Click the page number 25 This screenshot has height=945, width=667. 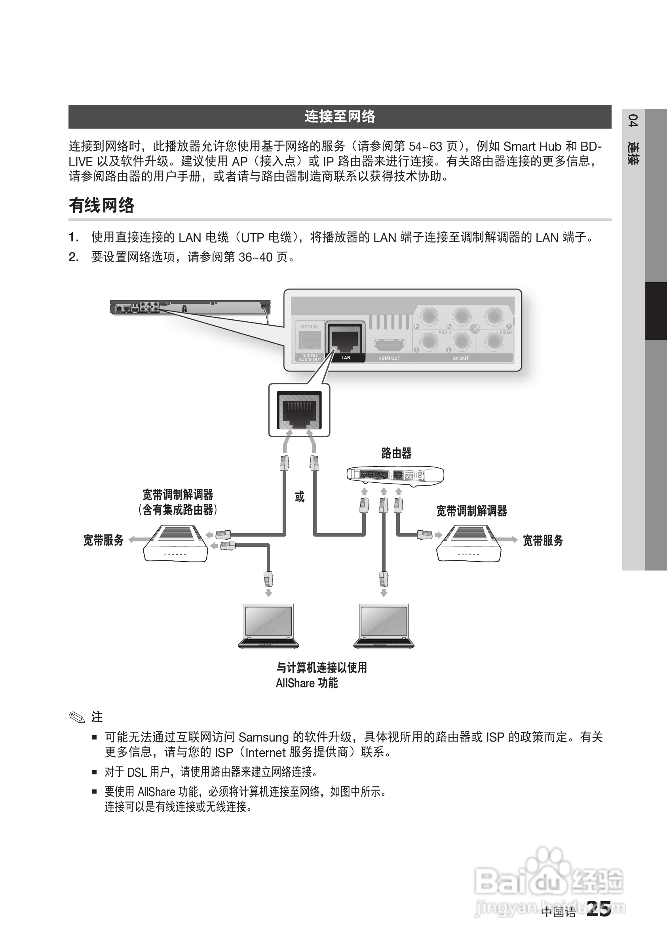point(599,909)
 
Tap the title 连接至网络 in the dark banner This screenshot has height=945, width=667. point(340,116)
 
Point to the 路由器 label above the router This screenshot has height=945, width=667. point(396,453)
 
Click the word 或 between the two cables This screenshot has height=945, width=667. point(299,497)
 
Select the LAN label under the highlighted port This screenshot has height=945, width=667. point(346,358)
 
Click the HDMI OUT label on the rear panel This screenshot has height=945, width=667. point(389,358)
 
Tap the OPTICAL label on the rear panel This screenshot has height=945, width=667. point(310,327)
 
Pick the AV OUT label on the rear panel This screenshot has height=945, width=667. point(460,358)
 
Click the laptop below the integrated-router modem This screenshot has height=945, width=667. point(268,626)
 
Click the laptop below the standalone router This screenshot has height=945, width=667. point(384,626)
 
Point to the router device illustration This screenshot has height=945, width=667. point(395,475)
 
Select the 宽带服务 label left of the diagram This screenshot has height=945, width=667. point(103,540)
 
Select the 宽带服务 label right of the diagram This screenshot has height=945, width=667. point(543,541)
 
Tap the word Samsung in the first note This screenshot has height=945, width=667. point(264,737)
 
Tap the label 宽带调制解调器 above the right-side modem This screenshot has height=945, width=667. point(471,511)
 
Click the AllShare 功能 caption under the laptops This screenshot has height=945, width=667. point(307,683)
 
